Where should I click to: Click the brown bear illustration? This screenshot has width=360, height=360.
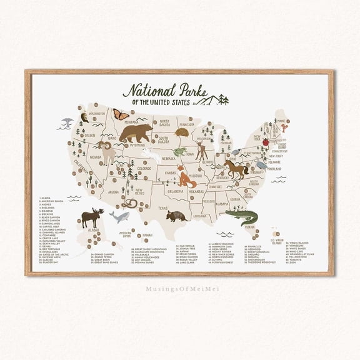point(136,132)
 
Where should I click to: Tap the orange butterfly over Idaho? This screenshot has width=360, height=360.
point(121,114)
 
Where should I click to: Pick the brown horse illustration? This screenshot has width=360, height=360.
point(236,169)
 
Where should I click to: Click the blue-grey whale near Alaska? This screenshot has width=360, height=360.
point(119,216)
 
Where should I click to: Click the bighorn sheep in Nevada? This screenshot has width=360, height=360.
point(105,151)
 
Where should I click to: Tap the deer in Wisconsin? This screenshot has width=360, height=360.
point(201,149)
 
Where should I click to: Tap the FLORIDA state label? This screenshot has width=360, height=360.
point(249,227)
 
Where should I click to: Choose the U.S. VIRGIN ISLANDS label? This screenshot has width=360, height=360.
point(276,241)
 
